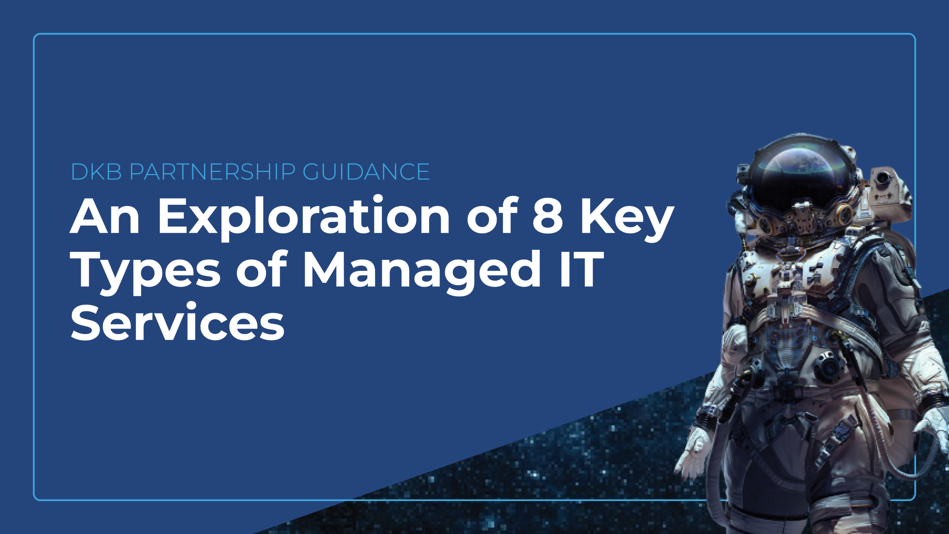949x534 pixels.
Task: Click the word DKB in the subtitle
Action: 96,172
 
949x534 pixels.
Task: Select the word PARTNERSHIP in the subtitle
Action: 213,172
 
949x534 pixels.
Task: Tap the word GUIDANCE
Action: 366,172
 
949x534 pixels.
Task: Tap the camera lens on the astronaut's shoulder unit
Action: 883,179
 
